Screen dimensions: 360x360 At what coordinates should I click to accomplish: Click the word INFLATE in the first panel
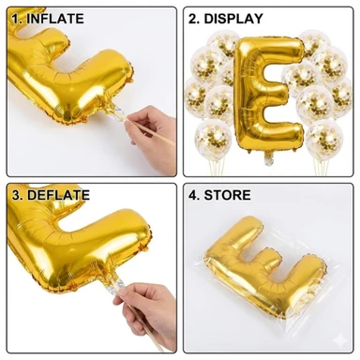(x=55, y=19)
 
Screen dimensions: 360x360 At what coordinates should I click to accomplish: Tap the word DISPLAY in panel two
(x=233, y=19)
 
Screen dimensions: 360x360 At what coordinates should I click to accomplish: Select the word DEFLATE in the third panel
(x=58, y=195)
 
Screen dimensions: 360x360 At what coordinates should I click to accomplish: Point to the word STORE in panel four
(x=227, y=195)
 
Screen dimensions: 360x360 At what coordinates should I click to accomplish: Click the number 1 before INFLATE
(x=16, y=19)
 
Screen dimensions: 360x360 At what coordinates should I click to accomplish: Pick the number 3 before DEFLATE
(x=17, y=195)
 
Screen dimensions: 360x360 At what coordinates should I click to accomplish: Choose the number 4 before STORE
(x=194, y=195)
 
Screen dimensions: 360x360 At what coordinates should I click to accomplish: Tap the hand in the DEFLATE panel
(x=147, y=312)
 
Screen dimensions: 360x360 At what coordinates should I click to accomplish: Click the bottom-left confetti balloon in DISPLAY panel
(x=213, y=138)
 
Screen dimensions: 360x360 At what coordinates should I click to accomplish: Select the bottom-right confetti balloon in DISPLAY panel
(x=324, y=138)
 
